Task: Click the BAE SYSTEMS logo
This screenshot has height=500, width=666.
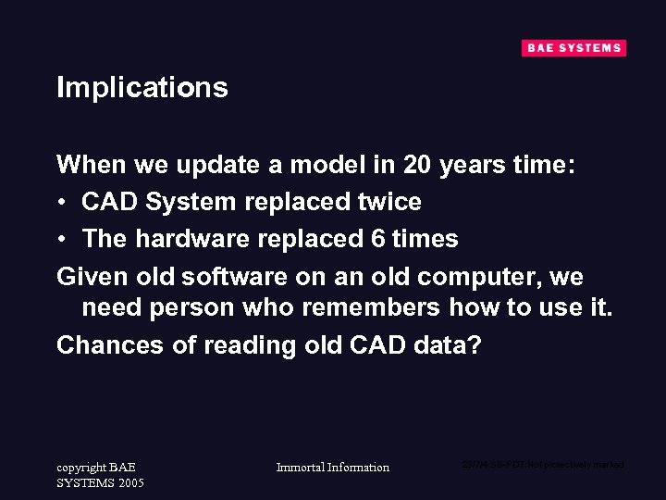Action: pyautogui.click(x=573, y=48)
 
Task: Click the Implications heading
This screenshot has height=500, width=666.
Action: pyautogui.click(x=142, y=87)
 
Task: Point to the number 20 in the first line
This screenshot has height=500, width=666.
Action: pyautogui.click(x=417, y=165)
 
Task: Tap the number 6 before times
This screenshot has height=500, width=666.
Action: pyautogui.click(x=377, y=239)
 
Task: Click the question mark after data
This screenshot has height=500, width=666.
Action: pyautogui.click(x=475, y=344)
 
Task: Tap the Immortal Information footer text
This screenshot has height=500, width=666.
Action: pyautogui.click(x=333, y=468)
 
